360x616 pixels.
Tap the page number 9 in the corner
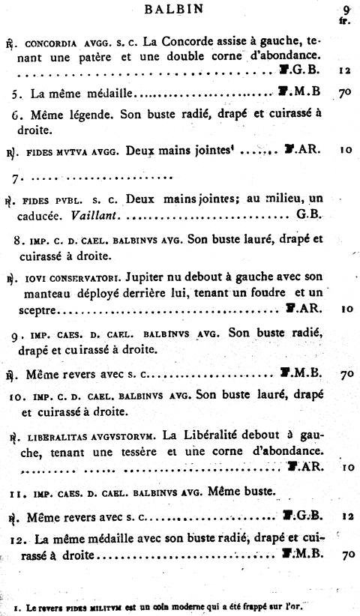point(346,10)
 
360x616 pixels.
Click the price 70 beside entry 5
point(345,95)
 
